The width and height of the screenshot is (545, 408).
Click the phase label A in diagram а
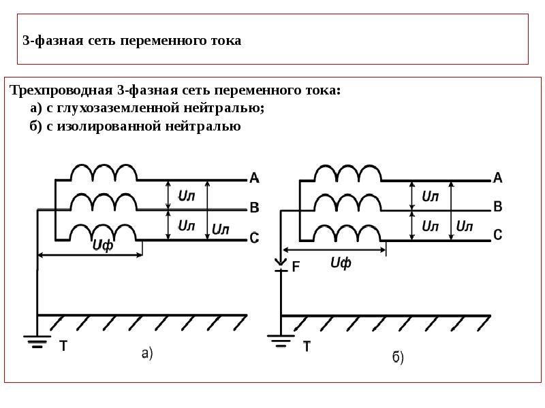tap(254, 177)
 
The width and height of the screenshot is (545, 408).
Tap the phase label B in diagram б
tap(498, 207)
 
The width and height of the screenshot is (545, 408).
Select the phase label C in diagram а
tap(254, 237)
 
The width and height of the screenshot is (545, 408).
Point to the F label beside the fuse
tap(296, 267)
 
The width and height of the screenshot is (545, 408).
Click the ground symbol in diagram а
tap(37, 341)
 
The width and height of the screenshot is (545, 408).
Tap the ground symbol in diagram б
tap(281, 341)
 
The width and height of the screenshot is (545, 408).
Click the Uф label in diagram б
tap(341, 263)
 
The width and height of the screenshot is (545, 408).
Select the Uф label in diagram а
tap(103, 245)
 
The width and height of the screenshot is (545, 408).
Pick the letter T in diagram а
tap(63, 346)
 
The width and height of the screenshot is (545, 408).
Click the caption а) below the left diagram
tap(147, 354)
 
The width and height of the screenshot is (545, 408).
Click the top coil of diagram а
tap(104, 172)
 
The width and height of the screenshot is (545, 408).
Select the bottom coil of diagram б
tap(347, 233)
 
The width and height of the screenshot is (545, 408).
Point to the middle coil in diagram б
tap(347, 202)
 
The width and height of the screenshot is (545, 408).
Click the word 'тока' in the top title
tap(226, 41)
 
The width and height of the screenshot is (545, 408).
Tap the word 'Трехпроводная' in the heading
tap(61, 91)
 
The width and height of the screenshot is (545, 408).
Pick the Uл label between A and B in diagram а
tap(186, 196)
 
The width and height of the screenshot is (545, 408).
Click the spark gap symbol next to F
tap(281, 265)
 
